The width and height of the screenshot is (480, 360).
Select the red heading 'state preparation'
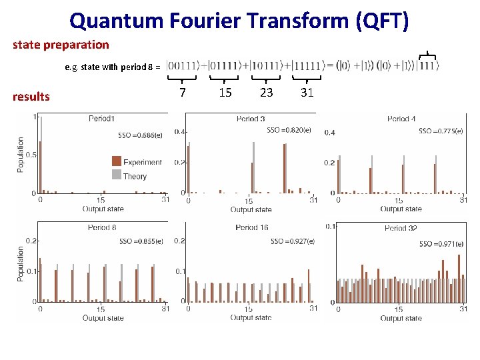pos(61,45)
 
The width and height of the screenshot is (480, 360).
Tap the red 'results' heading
pos(31,96)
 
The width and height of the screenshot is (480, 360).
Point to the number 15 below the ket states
pos(225,93)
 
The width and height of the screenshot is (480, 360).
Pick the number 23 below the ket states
pos(266,93)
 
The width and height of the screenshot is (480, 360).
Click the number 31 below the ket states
pos(307,93)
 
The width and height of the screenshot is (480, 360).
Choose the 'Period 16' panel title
pos(251,227)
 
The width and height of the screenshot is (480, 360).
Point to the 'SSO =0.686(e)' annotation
pos(140,135)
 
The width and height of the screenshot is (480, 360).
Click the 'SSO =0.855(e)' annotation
pos(141,241)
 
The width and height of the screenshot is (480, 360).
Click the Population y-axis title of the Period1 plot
pos(21,155)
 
